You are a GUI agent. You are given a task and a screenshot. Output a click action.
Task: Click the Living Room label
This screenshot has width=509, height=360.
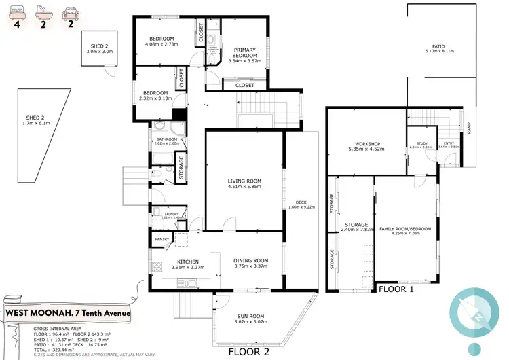pyautogui.click(x=244, y=181)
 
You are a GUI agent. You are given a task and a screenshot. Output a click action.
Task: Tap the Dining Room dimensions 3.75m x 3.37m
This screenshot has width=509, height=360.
pyautogui.click(x=251, y=266)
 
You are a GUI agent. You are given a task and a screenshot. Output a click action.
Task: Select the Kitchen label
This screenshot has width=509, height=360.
pyautogui.click(x=187, y=261)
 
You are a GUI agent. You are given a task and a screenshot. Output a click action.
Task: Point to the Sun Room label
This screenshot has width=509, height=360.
pyautogui.click(x=252, y=316)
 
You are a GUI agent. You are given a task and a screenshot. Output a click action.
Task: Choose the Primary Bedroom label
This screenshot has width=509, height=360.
pyautogui.click(x=244, y=53)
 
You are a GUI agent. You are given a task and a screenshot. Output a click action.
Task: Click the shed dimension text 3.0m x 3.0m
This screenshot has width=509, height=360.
pyautogui.click(x=97, y=52)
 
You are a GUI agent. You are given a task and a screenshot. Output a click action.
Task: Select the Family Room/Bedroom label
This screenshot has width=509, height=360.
pyautogui.click(x=404, y=229)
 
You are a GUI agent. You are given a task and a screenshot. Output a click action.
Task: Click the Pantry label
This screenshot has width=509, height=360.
pyautogui.click(x=162, y=239)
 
